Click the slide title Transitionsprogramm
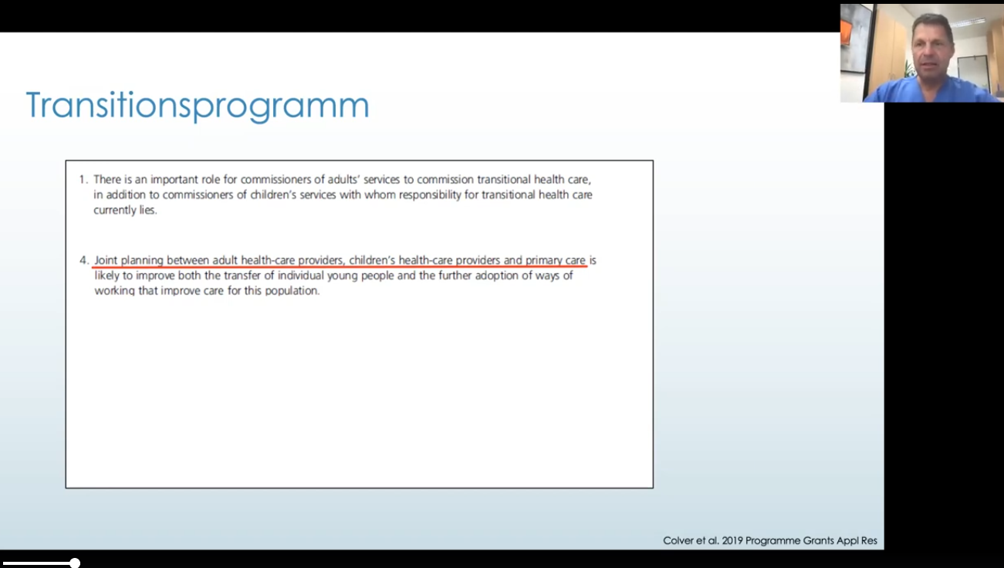pos(198,106)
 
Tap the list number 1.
pos(83,180)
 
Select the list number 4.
pos(83,261)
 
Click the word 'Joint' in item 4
pos(106,261)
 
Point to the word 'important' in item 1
pos(174,181)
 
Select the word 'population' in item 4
pos(292,291)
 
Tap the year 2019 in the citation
pos(732,541)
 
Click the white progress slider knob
pos(75,563)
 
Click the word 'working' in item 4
pos(114,292)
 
